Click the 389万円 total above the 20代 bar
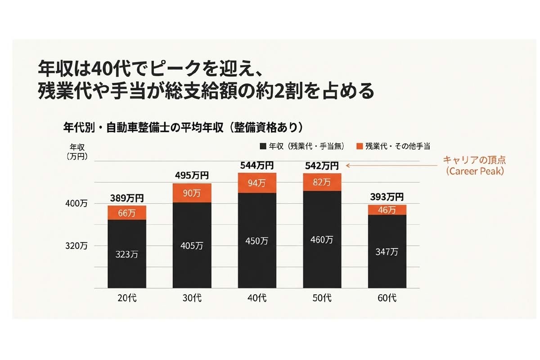point(127,198)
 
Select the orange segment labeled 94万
point(257,183)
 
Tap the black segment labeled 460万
point(322,239)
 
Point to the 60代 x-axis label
point(387,298)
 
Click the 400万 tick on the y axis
point(78,204)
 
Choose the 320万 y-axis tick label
point(78,246)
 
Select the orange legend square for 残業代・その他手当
point(359,146)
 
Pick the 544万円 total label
point(257,166)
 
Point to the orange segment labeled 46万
point(387,210)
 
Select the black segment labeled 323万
point(127,254)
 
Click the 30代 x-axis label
point(192,298)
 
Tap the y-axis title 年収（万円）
point(77,152)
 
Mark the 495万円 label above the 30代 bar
point(192,175)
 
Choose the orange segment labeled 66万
point(127,213)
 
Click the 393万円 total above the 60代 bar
point(387,197)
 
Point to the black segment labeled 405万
point(192,245)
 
